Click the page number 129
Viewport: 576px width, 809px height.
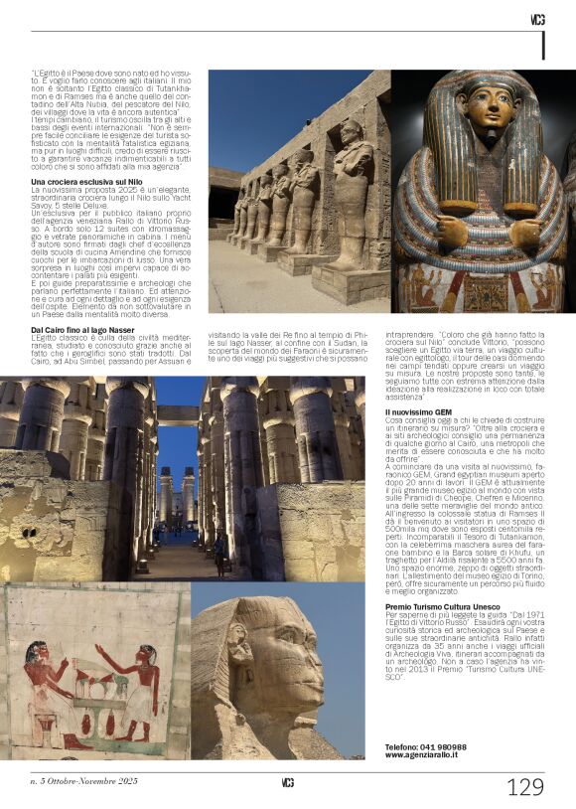(x=525, y=787)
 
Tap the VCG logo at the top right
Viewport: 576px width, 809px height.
(x=537, y=20)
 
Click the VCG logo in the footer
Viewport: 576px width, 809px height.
(x=288, y=782)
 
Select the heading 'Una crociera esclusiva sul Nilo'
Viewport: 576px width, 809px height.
(x=87, y=183)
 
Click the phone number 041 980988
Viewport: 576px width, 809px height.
(x=425, y=746)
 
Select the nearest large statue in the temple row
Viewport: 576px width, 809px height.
(x=353, y=199)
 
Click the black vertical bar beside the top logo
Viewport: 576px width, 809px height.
(x=543, y=45)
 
